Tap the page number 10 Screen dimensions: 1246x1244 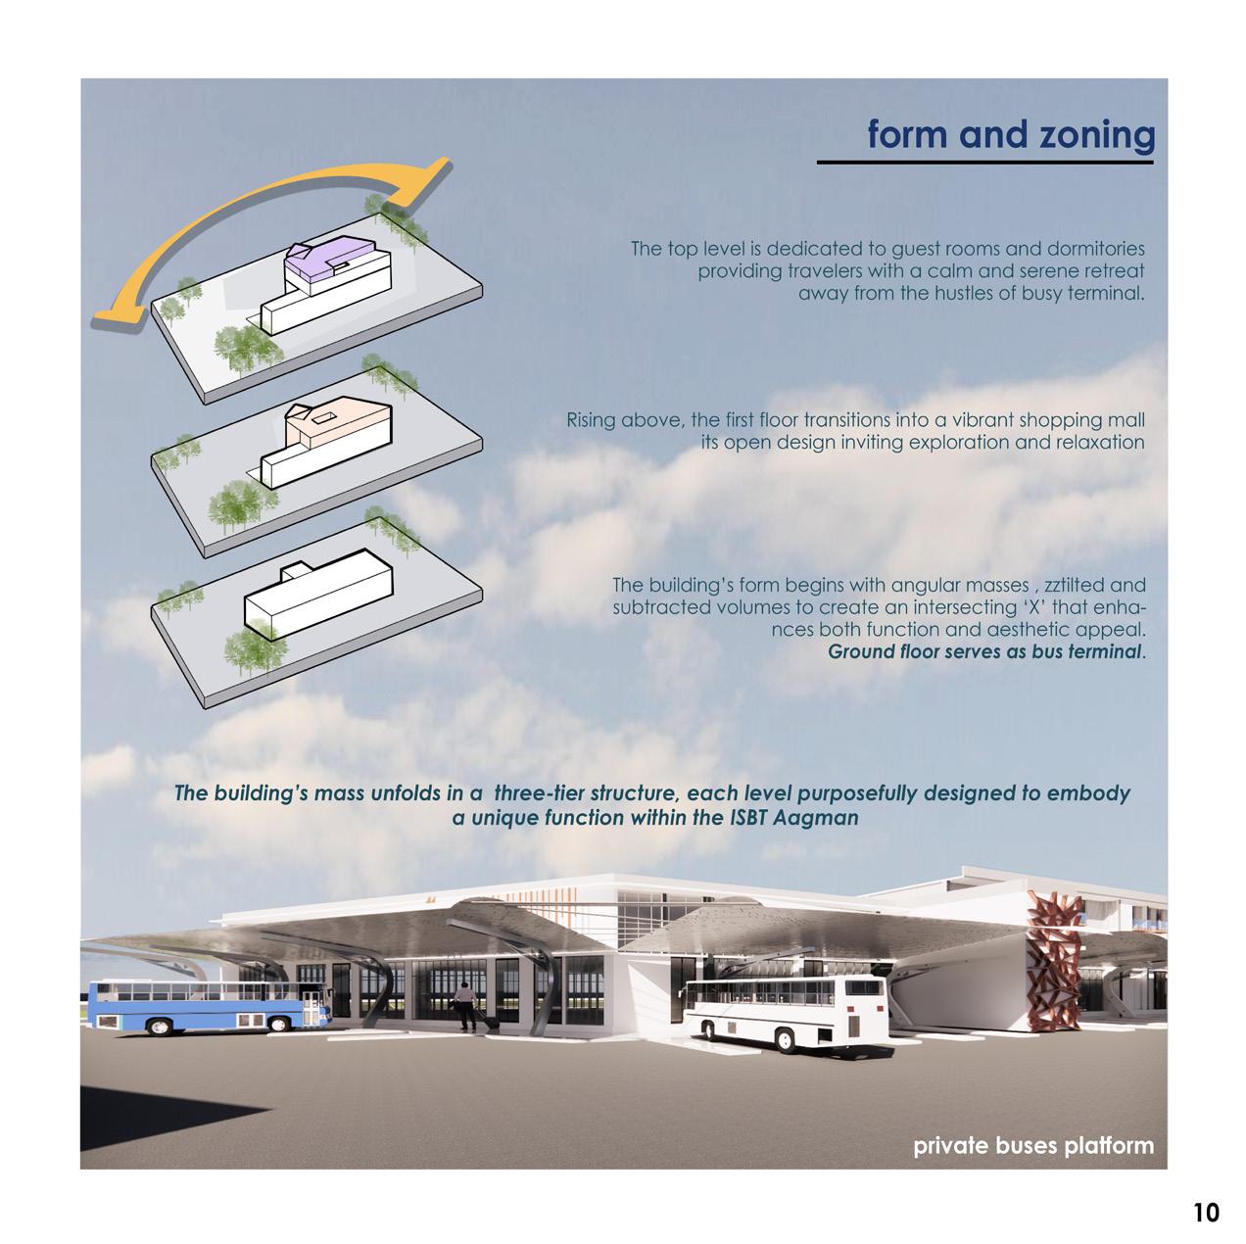[1207, 1213]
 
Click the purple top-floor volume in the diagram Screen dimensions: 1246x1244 [323, 262]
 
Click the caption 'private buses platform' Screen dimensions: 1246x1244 [1032, 1145]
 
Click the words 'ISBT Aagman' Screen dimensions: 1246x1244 [801, 817]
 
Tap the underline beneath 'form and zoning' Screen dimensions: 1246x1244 [985, 162]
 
